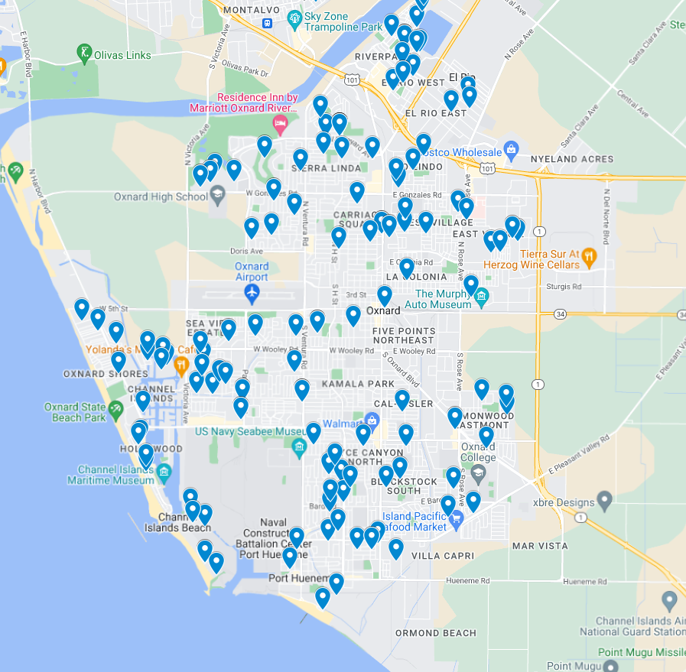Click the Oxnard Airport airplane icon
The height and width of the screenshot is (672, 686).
[x=252, y=292]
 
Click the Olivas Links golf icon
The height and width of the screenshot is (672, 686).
[x=83, y=52]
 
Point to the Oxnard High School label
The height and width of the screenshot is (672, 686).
[x=161, y=196]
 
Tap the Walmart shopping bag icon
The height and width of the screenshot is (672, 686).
[x=372, y=420]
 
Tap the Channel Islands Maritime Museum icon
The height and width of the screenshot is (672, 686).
[x=164, y=474]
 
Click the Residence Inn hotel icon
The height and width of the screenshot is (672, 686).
[x=281, y=123]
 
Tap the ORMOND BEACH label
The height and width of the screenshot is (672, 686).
[x=435, y=633]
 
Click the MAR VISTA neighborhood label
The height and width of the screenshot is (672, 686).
[x=540, y=546]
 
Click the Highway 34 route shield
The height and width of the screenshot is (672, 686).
[x=561, y=313]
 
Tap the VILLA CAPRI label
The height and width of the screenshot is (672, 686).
[x=442, y=556]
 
